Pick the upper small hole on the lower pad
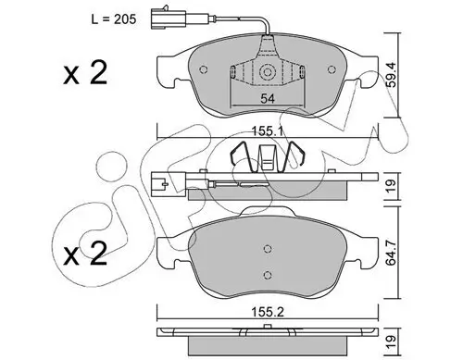[x=267, y=248]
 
